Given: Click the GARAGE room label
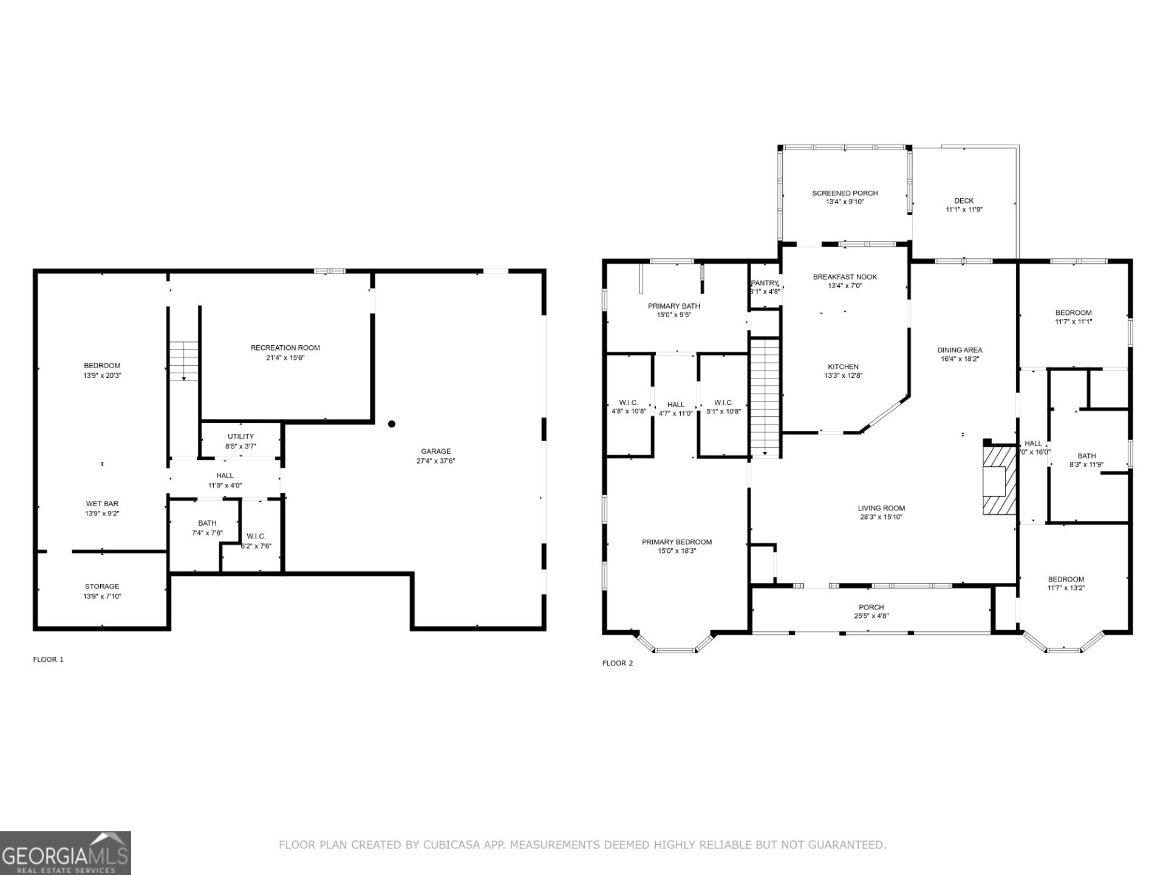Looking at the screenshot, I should coord(435,451).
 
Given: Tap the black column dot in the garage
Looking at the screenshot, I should coord(392,424).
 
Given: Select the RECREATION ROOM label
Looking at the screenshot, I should coord(285,348).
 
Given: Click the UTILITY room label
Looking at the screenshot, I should coord(240,436).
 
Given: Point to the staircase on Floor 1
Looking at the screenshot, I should coord(184,361).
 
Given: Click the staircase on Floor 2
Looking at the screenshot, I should coord(765,397).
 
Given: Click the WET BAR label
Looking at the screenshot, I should coord(102,504).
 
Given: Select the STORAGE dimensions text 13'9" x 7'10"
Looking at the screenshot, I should coord(102,596).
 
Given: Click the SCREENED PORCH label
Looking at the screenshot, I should coord(845,193).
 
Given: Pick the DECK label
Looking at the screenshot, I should coord(964,201).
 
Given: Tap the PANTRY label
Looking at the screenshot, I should coord(765,283).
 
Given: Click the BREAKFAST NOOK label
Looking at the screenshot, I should coord(845,277).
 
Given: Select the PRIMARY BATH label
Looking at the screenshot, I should coord(673,306).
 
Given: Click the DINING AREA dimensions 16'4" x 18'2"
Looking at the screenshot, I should coord(960,359).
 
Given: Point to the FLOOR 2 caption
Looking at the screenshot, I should coord(617,663).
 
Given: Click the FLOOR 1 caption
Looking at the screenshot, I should coord(48,659).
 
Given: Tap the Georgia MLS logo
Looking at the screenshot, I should coord(65,853).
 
